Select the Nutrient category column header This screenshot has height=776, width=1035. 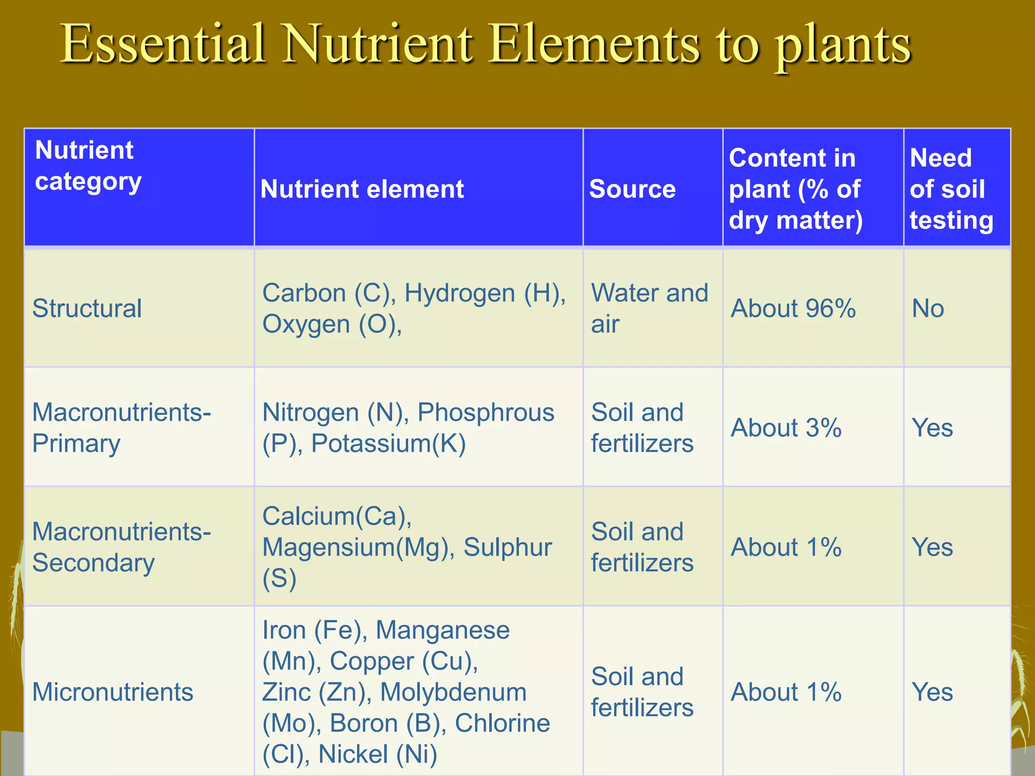88,166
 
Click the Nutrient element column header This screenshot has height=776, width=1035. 362,189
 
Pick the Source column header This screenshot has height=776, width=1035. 632,189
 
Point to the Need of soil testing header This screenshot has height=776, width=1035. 951,189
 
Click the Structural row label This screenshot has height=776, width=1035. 87,309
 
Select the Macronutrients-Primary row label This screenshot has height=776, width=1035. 121,428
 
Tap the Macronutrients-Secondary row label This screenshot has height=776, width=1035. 121,547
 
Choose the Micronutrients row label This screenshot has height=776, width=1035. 113,692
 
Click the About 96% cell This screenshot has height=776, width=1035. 793,309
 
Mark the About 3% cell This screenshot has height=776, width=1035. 786,428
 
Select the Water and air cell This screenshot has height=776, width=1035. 649,308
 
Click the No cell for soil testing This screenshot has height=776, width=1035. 928,309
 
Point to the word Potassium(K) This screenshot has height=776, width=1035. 388,444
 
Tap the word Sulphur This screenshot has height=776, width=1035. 507,547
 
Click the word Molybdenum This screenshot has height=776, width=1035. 453,692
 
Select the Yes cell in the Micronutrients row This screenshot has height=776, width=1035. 932,692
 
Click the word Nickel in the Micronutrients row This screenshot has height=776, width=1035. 353,754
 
